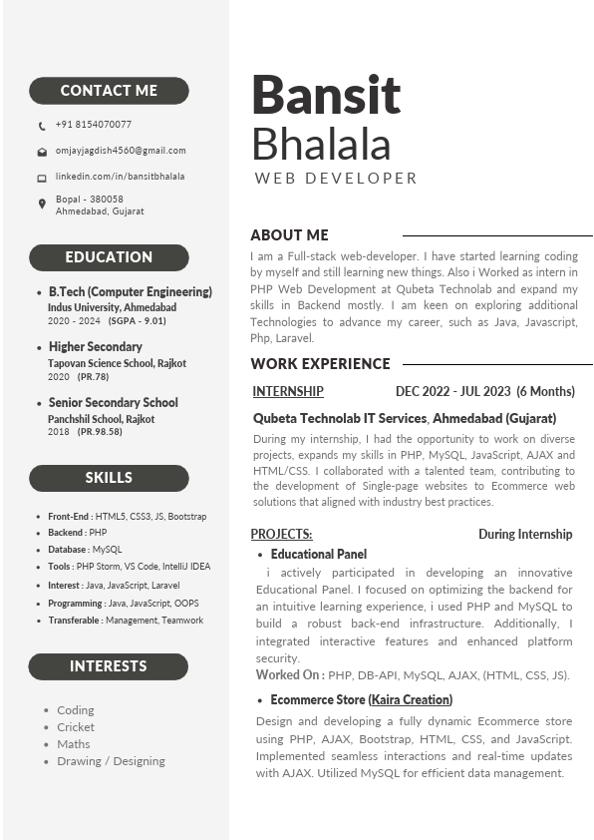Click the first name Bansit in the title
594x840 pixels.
[x=326, y=95]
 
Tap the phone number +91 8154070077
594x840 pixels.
[x=93, y=125]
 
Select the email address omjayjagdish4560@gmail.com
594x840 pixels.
[x=120, y=151]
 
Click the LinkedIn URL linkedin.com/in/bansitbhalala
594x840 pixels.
[x=120, y=177]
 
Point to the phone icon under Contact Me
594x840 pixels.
[x=42, y=126]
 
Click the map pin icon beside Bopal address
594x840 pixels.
[x=42, y=204]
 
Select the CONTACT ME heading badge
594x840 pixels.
[x=109, y=91]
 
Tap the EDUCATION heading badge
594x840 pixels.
[x=109, y=257]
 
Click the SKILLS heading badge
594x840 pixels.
[x=109, y=478]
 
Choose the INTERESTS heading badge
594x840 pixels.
[x=108, y=666]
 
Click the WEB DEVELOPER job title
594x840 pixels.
[x=336, y=179]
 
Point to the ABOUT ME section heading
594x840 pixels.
[x=289, y=235]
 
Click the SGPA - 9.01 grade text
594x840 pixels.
[x=138, y=321]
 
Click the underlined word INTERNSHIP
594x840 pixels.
[x=288, y=392]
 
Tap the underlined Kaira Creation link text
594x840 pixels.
[x=411, y=700]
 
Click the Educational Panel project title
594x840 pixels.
[x=318, y=554]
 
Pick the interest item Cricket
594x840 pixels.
[x=76, y=727]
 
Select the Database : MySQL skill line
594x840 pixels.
[x=85, y=550]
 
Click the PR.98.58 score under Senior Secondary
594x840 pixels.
[x=100, y=432]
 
